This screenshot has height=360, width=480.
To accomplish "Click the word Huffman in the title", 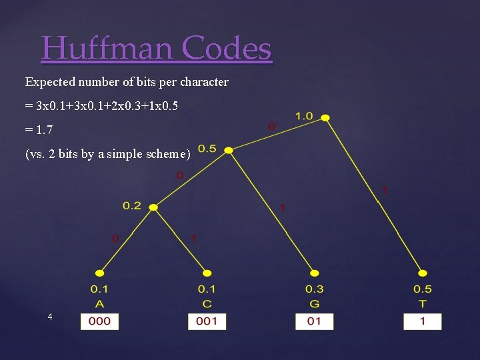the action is (107, 48).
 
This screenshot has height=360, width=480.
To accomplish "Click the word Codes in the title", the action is (227, 48).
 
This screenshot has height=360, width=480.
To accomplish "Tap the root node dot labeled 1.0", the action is (325, 118).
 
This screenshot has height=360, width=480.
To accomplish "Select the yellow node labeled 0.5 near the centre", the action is (229, 151).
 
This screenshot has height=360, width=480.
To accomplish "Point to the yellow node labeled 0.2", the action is (153, 207).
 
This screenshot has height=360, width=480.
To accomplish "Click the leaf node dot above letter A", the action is (100, 273).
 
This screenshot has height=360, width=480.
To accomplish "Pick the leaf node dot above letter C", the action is (207, 273).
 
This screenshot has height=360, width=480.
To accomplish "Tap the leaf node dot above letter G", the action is (314, 273).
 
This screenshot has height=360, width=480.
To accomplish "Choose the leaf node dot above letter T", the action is (422, 273).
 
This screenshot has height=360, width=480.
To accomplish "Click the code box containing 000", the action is (100, 321).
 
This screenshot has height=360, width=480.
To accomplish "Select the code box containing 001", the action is (207, 321).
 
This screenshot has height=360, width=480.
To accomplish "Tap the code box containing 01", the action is (314, 321).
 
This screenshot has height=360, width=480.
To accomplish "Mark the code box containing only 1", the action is (422, 321).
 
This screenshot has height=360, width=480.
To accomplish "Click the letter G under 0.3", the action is (314, 303).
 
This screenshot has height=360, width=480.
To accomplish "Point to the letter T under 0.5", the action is (422, 303).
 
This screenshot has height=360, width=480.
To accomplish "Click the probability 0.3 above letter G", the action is (314, 289).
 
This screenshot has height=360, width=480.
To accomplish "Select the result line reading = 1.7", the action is (39, 130).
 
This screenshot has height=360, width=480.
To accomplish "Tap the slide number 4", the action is (50, 317).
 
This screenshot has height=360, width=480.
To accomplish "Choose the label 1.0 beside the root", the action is (303, 116).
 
